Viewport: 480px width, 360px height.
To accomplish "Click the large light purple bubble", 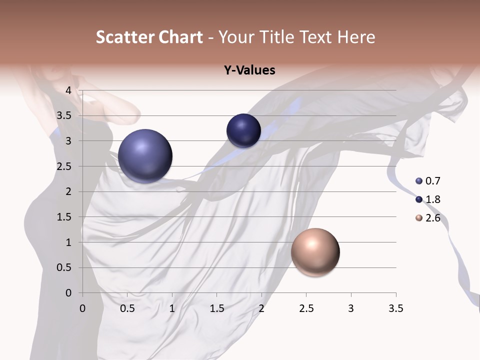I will tap(145, 155).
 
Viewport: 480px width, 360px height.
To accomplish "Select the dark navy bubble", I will tap(243, 130).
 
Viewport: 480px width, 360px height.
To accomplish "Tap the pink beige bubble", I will tap(315, 252).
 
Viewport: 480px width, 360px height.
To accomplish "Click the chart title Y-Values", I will tap(249, 70).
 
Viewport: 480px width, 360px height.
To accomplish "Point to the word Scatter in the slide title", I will tap(125, 37).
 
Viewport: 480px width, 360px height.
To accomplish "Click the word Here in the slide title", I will tap(356, 37).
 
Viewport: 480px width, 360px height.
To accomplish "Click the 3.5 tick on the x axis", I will tap(395, 308).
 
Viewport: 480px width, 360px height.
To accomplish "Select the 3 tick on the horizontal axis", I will tap(351, 308).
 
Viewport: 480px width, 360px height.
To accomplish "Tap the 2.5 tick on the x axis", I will tap(306, 308).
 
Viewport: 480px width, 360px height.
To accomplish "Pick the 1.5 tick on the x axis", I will tap(216, 308).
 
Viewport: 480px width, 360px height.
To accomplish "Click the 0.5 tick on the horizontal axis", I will tap(127, 308).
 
